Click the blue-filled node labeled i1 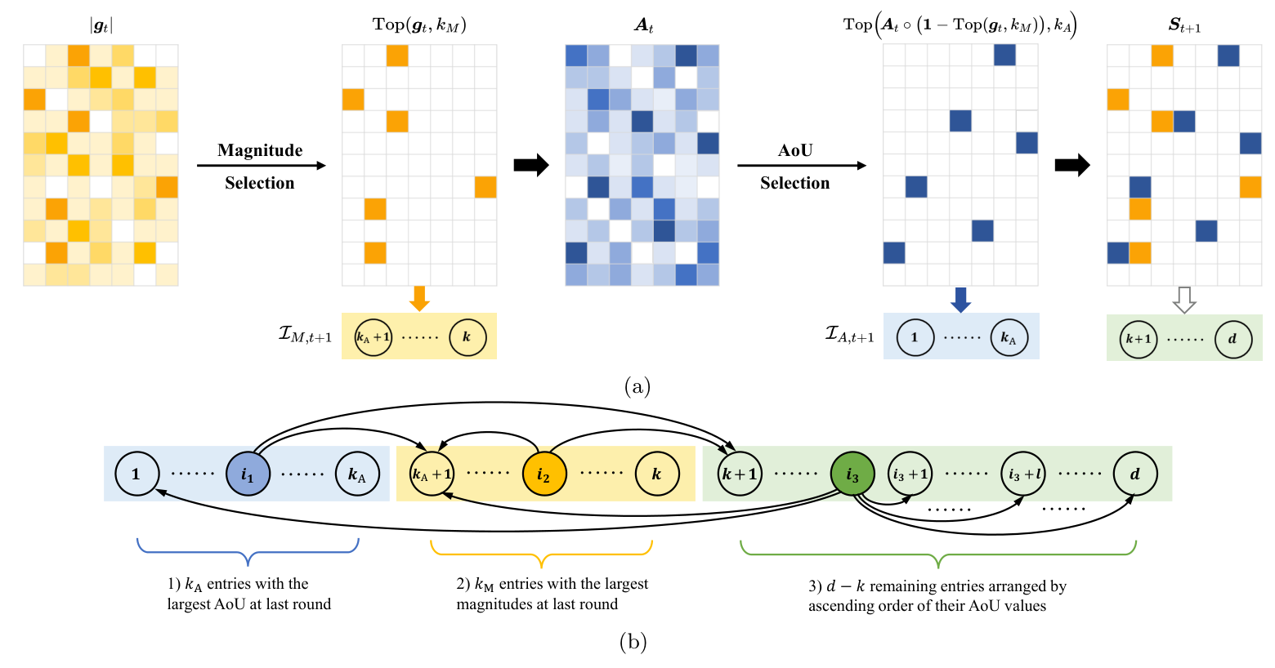click(248, 474)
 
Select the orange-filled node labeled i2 click(544, 474)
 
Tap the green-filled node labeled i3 click(852, 474)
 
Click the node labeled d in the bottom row click(1135, 474)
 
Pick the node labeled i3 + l click(1023, 474)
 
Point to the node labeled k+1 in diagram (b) click(740, 474)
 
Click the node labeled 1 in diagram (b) click(136, 474)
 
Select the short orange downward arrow click(419, 298)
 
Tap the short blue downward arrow click(960, 299)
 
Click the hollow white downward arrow click(1184, 299)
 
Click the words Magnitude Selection click(260, 167)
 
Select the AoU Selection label click(795, 167)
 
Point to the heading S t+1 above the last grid click(1184, 25)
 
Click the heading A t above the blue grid click(643, 25)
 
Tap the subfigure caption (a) click(637, 385)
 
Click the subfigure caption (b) click(633, 643)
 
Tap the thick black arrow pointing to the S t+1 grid click(1072, 166)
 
